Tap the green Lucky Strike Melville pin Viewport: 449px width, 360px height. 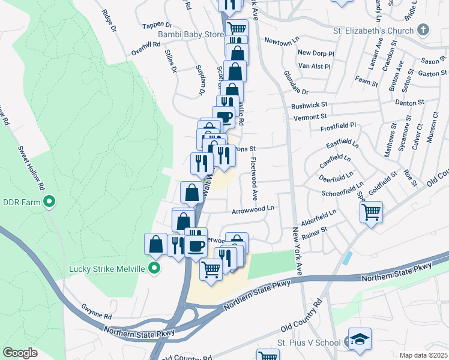tap(155, 268)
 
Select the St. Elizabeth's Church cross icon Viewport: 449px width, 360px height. tap(424, 30)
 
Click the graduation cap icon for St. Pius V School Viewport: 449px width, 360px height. tap(360, 338)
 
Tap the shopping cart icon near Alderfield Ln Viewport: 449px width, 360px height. tap(372, 211)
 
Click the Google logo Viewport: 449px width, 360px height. tap(20, 353)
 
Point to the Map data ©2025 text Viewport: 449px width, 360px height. tap(423, 355)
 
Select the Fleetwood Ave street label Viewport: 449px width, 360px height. tap(255, 179)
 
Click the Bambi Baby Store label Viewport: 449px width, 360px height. tap(190, 35)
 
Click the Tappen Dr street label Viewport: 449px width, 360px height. tap(157, 26)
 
